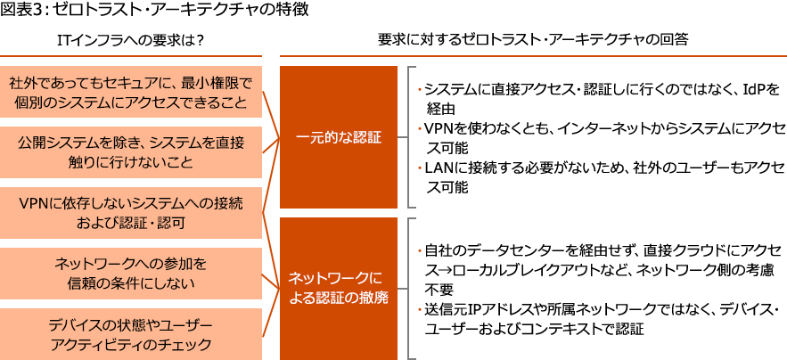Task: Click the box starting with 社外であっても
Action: point(132,92)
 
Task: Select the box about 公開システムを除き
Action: point(132,152)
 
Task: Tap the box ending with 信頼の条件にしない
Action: point(132,274)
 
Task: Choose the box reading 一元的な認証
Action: point(339,137)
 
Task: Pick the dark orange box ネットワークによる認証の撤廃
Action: point(339,287)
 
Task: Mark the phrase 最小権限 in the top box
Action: point(209,83)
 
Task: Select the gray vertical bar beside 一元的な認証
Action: point(411,135)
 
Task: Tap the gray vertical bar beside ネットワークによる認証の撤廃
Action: point(411,287)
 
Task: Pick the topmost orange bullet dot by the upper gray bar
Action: point(420,90)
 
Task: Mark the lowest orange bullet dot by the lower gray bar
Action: point(420,308)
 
